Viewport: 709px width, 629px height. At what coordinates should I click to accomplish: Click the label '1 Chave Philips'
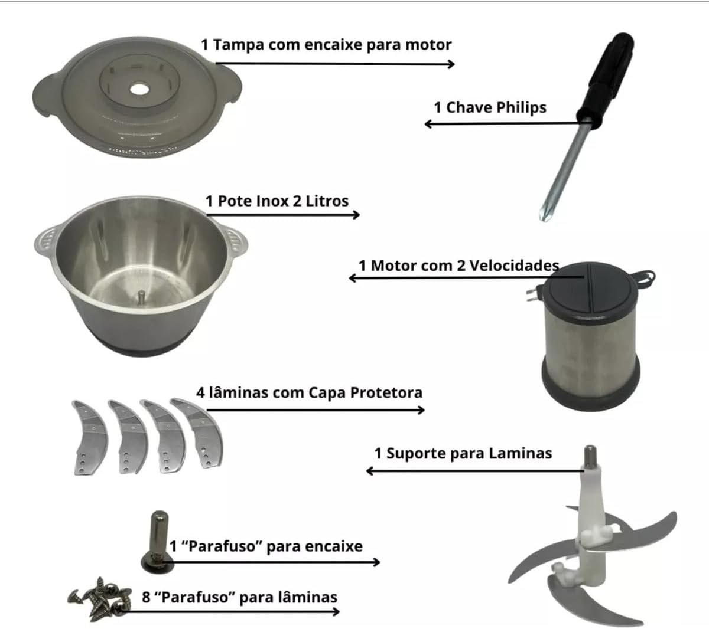[x=490, y=107]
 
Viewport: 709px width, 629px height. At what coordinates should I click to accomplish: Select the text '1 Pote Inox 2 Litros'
[x=277, y=201]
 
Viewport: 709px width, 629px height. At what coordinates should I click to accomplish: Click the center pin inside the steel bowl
[x=142, y=295]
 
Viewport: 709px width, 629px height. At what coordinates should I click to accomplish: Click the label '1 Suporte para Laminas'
[x=463, y=453]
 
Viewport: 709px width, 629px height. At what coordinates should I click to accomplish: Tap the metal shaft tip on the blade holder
[x=591, y=458]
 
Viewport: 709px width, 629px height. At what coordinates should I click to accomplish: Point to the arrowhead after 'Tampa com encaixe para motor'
[x=451, y=64]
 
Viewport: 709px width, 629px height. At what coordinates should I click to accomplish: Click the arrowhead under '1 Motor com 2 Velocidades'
[x=353, y=277]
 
